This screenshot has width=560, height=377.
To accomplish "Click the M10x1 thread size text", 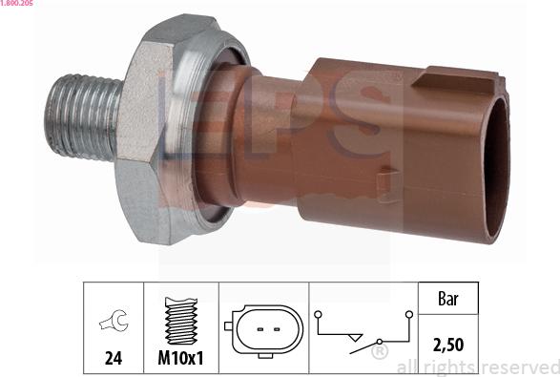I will (180, 361).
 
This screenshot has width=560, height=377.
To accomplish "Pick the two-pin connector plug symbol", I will (264, 328).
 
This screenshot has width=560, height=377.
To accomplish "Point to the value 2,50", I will (446, 346).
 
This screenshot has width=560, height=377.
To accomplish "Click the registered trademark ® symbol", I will (380, 354).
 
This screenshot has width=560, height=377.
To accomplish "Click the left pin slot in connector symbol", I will (259, 329).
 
